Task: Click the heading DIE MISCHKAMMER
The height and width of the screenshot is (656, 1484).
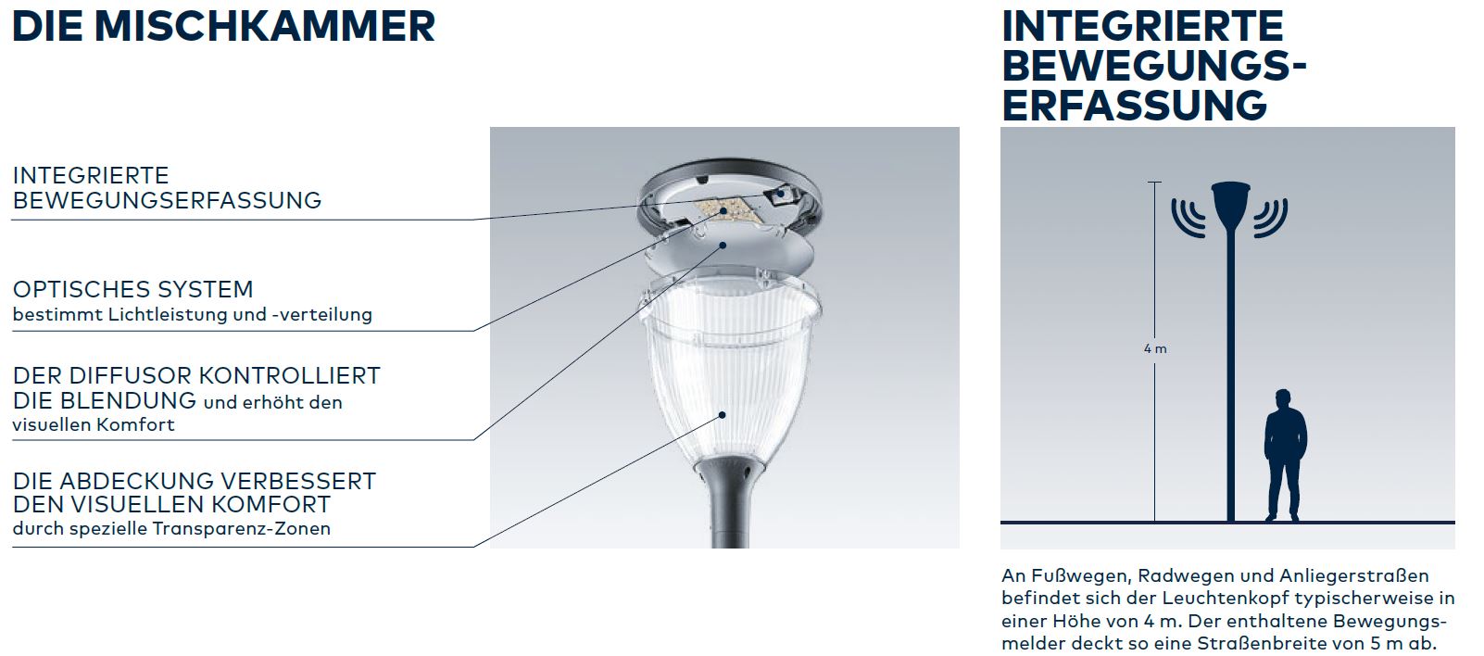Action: pyautogui.click(x=224, y=27)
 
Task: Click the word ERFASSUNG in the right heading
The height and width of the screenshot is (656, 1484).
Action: pyautogui.click(x=1134, y=106)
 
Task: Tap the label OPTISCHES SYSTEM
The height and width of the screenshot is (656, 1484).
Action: pyautogui.click(x=133, y=290)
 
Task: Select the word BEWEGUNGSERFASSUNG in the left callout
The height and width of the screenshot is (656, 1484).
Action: pyautogui.click(x=167, y=200)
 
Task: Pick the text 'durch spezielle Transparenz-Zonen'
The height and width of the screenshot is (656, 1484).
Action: pyautogui.click(x=171, y=529)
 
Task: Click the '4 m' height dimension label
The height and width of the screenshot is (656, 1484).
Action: pyautogui.click(x=1155, y=348)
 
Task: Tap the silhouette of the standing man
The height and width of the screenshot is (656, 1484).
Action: pyautogui.click(x=1285, y=455)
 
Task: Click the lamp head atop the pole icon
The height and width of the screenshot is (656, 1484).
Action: pyautogui.click(x=1230, y=206)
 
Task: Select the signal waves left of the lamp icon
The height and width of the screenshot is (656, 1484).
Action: pyautogui.click(x=1188, y=217)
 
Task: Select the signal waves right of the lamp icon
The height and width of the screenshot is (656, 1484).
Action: pyautogui.click(x=1270, y=217)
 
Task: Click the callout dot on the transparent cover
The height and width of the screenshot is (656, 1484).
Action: pyautogui.click(x=723, y=415)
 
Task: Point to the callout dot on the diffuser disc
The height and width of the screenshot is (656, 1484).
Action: pyautogui.click(x=723, y=246)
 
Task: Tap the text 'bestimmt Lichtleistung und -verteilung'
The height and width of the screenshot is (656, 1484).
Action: pyautogui.click(x=192, y=315)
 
